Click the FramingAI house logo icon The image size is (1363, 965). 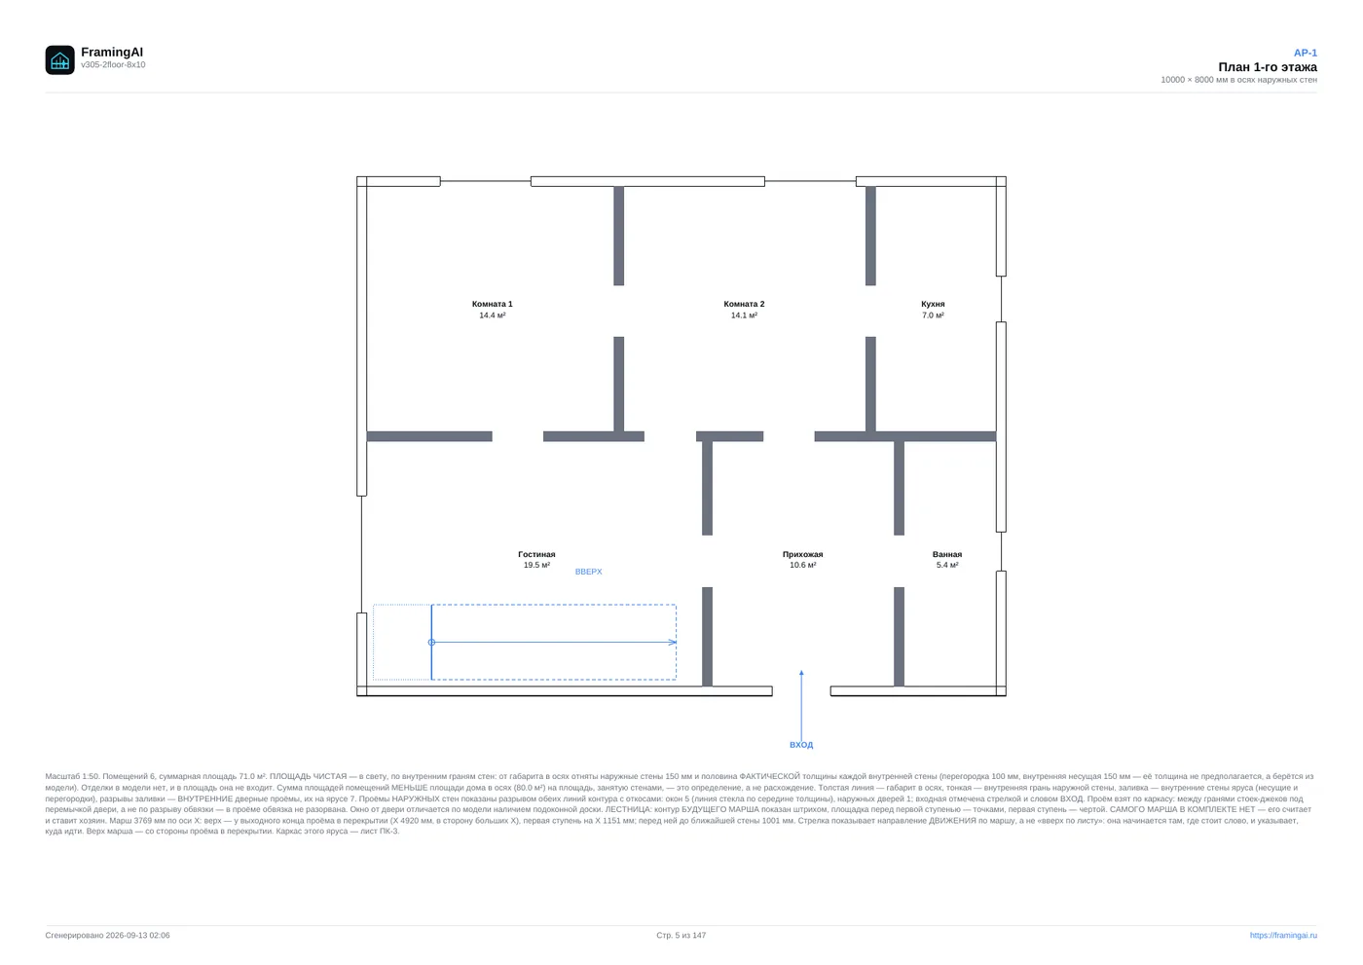59,59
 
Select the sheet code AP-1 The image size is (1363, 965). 1305,53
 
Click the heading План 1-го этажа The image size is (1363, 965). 1267,67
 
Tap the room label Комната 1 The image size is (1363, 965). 492,304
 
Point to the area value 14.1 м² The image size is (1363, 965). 744,315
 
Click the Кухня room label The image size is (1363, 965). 933,304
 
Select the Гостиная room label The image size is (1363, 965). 536,554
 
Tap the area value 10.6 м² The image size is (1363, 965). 802,565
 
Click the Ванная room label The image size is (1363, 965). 946,554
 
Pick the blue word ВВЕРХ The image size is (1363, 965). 588,572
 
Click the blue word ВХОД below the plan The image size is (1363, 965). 800,745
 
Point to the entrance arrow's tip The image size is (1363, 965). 801,671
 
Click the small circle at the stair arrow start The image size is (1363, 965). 431,642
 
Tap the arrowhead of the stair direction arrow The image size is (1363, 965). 673,642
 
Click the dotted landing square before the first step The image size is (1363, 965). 402,642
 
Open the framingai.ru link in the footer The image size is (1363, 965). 1283,935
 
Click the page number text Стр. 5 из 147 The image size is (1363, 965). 681,935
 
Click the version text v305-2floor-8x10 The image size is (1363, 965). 113,65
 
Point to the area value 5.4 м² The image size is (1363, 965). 946,565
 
